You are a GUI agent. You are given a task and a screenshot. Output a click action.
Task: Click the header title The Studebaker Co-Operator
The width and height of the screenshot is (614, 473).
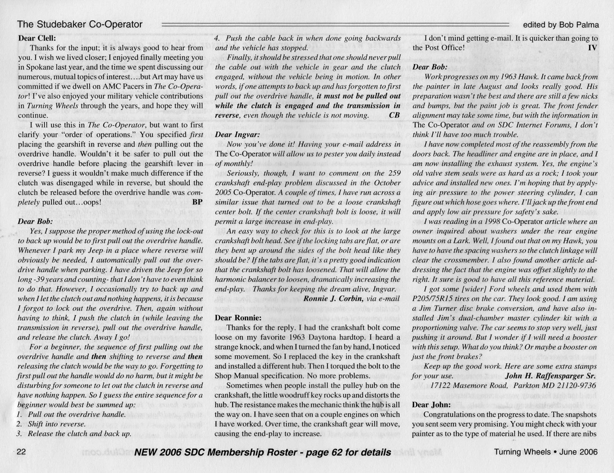point(80,24)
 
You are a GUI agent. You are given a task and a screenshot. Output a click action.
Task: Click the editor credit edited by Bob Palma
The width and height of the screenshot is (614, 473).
point(561,25)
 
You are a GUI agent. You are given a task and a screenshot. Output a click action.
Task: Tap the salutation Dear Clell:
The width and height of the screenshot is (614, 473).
point(37,38)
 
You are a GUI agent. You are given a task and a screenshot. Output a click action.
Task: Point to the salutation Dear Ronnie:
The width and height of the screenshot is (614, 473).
point(238,318)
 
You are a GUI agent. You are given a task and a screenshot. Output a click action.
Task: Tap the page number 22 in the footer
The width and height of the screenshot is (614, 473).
point(21,452)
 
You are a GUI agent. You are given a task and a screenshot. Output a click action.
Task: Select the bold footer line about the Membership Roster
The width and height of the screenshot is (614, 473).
point(263,452)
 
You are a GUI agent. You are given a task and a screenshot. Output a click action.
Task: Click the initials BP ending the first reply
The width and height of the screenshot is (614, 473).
point(197,202)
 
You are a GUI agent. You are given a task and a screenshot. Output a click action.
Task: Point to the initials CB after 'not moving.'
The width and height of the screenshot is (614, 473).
point(394,115)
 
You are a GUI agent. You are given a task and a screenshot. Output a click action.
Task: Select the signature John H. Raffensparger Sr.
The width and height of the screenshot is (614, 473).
point(550,376)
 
